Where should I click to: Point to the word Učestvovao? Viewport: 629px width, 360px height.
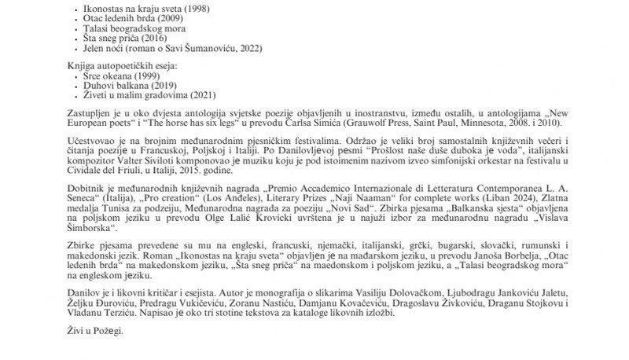(88, 142)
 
